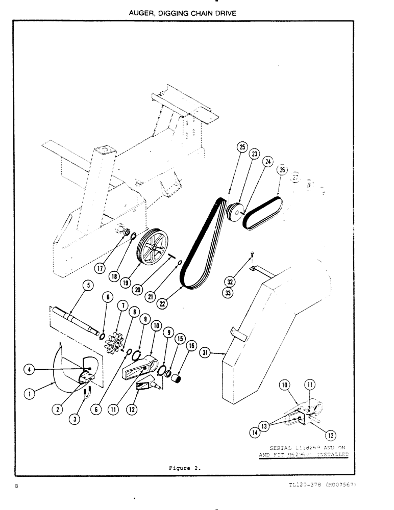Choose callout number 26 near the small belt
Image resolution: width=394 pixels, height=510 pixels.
pos(283,170)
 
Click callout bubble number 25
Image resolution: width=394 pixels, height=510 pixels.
pos(241,147)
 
